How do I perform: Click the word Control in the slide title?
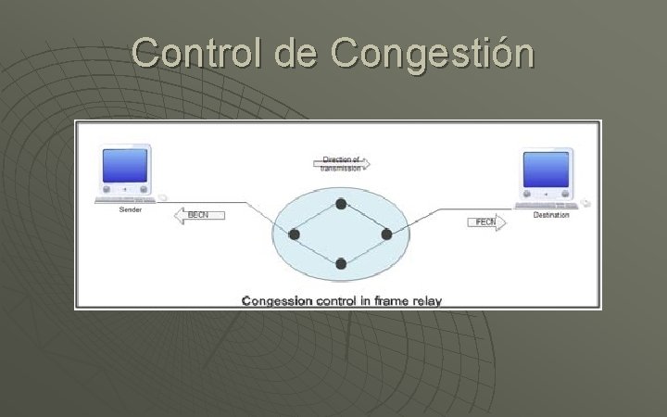point(197,53)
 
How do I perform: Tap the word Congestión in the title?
point(432,55)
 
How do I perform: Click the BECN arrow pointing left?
point(198,215)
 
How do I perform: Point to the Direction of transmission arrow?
point(341,164)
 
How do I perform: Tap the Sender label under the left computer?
point(131,209)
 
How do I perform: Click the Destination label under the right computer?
point(551,215)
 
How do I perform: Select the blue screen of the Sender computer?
point(125,165)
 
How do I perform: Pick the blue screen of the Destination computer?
point(547,171)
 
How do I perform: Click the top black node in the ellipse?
point(341,204)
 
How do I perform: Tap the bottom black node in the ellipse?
point(341,264)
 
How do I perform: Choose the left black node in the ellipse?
point(295,234)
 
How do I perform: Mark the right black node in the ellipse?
point(387,234)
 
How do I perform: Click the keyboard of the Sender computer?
point(123,199)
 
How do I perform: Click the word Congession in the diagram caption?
point(277,300)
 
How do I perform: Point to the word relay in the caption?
point(425,300)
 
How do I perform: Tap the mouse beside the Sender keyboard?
point(162,197)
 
